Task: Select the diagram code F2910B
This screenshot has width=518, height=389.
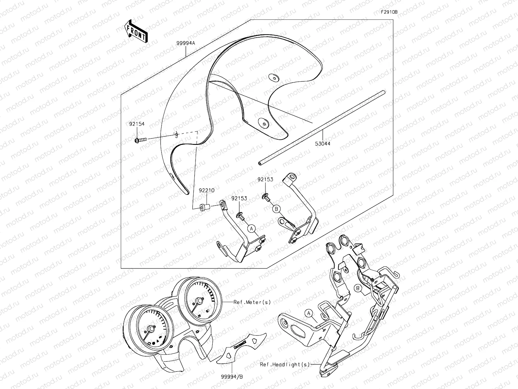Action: [x=389, y=12]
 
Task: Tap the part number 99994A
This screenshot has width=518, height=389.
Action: [x=186, y=43]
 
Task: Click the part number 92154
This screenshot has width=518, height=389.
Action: [x=137, y=124]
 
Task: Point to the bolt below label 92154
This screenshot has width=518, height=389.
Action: [x=141, y=140]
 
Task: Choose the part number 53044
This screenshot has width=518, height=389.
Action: [x=322, y=144]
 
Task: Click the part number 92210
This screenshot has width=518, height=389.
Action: [x=207, y=190]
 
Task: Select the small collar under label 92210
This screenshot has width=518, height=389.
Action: [x=205, y=207]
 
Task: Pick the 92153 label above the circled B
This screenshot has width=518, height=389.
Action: [x=265, y=180]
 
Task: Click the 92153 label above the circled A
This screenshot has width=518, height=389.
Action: [x=239, y=198]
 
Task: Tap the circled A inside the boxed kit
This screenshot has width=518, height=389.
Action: [x=251, y=229]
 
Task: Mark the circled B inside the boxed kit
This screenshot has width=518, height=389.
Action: [x=276, y=209]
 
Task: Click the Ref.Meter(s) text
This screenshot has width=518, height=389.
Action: [x=252, y=302]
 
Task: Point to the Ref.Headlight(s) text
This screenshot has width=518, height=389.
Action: [x=285, y=364]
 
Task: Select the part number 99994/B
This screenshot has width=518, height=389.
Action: [x=232, y=377]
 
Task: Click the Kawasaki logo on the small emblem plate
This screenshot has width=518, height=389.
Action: [x=240, y=345]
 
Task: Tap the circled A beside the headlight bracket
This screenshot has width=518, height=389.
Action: [x=309, y=313]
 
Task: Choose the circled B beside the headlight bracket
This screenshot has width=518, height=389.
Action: [x=358, y=289]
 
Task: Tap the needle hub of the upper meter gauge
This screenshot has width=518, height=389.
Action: [x=199, y=301]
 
